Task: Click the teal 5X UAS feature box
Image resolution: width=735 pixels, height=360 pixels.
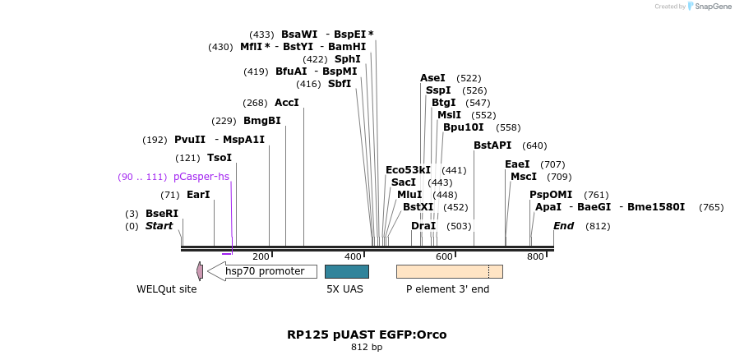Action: (346, 271)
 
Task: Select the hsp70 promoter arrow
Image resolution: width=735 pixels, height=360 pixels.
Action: (261, 271)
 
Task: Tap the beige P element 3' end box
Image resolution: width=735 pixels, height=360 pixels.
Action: (449, 271)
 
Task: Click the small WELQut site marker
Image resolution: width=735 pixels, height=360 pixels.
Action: (200, 271)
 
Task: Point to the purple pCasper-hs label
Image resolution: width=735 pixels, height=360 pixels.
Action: (201, 177)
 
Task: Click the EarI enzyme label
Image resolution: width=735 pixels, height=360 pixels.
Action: (198, 195)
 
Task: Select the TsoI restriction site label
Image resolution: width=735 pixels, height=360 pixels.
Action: (220, 158)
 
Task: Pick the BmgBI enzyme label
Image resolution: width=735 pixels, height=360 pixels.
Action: (262, 121)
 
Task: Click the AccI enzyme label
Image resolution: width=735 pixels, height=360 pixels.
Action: (287, 103)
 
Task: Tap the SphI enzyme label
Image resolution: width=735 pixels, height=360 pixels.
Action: (347, 59)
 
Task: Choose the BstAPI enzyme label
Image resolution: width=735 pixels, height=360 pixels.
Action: (492, 145)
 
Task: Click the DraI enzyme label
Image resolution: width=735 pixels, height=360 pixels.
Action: (423, 226)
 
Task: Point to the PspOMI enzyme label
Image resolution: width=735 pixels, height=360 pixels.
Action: (551, 195)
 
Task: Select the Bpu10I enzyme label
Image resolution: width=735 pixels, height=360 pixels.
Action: (464, 127)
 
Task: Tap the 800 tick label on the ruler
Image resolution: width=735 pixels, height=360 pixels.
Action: (535, 257)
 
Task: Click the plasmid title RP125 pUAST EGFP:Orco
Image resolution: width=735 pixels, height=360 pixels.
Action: (367, 335)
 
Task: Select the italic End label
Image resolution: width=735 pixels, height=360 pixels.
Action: (563, 226)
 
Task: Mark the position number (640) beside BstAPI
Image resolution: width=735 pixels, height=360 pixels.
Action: (534, 145)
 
